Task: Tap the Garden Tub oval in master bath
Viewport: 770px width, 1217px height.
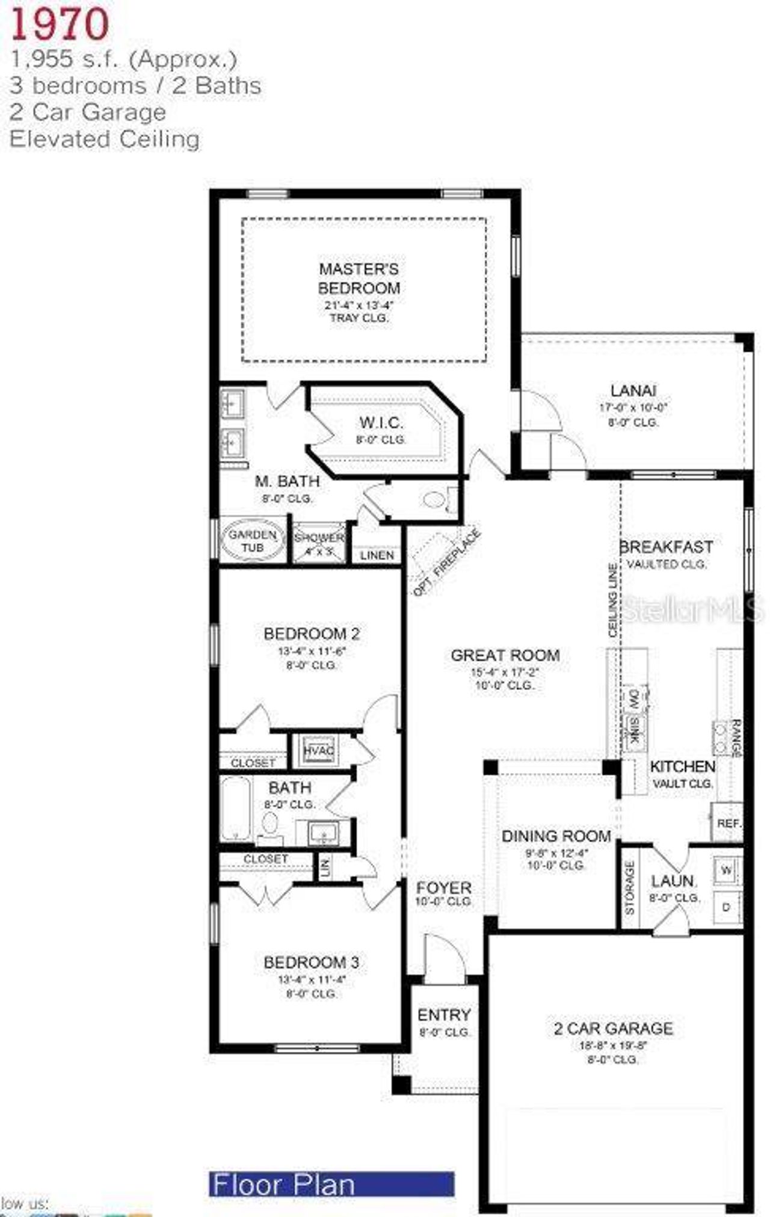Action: tap(253, 540)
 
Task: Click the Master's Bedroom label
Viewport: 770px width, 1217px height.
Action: tap(359, 278)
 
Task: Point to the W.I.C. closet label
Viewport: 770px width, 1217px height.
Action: tap(381, 423)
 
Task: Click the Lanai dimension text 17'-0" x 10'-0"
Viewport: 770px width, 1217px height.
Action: tap(633, 407)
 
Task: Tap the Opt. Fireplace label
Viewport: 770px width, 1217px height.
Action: tap(446, 562)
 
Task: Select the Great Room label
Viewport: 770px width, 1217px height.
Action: tap(505, 655)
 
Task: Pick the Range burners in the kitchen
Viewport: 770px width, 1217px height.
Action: tap(720, 738)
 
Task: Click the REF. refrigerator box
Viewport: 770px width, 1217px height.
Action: tap(728, 822)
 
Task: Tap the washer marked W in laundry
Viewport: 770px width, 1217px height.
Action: tap(726, 870)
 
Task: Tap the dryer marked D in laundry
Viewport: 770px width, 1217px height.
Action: tap(726, 907)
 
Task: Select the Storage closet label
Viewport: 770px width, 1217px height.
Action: tap(630, 888)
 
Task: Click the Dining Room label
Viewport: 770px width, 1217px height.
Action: tap(556, 836)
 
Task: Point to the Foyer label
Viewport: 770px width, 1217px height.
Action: tap(444, 887)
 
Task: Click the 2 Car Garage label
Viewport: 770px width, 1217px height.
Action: tap(613, 1028)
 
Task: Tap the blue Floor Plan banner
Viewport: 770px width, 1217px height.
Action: tap(331, 1184)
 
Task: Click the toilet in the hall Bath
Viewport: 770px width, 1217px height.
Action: tap(270, 824)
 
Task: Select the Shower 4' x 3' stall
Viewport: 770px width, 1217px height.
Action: tap(319, 543)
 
